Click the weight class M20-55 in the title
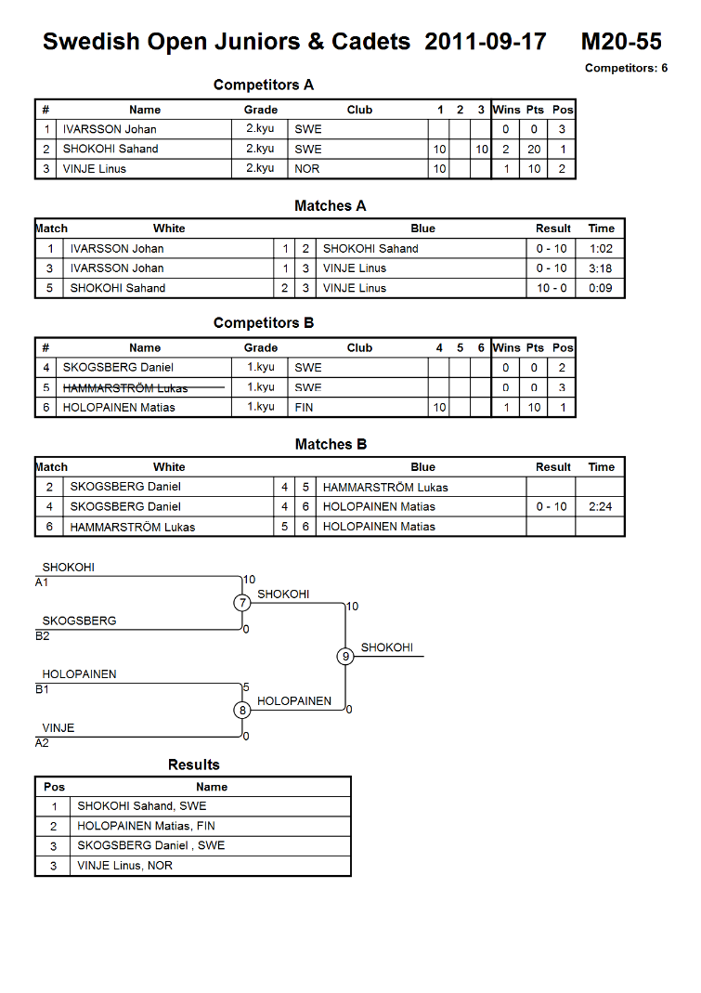tap(621, 42)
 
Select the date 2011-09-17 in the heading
tap(485, 42)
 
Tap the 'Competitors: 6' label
tap(626, 68)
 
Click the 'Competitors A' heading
tap(264, 85)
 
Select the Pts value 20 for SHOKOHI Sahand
tap(534, 150)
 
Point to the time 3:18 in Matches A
tap(601, 268)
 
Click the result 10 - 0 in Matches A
tap(552, 288)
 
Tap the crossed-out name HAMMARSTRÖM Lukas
tap(125, 387)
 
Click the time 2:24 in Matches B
tap(601, 506)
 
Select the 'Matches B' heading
tap(331, 445)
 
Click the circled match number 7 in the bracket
tap(242, 603)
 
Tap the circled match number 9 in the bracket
tap(345, 656)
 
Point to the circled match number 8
tap(242, 710)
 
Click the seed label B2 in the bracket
tap(43, 636)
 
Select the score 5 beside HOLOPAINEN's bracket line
tap(246, 687)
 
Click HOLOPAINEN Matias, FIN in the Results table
tap(147, 826)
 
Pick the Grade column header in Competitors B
tap(261, 347)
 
